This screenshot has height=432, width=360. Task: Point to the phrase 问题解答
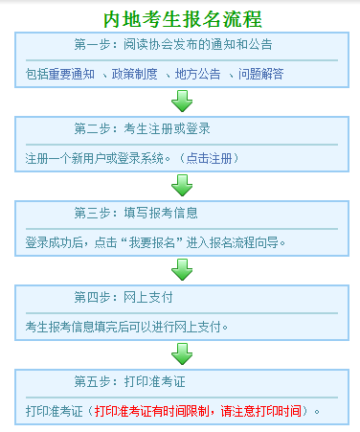[x=258, y=74]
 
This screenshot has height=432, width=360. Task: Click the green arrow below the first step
[x=181, y=102]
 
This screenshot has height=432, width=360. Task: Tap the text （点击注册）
[x=204, y=157]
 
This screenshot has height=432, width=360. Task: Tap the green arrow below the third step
[x=181, y=270]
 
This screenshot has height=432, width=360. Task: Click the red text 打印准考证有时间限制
[x=157, y=412]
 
